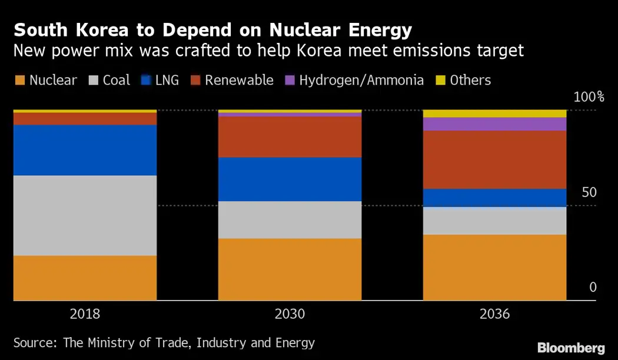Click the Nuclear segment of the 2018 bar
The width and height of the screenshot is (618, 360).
[85, 278]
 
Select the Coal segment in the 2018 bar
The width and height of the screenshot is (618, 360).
[85, 215]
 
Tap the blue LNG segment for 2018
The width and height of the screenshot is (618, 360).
[85, 150]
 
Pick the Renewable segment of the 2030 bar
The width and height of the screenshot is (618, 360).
[290, 136]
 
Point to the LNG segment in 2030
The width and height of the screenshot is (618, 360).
[290, 179]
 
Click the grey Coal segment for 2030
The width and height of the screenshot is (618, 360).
[290, 219]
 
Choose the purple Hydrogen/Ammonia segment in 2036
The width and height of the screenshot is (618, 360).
[494, 124]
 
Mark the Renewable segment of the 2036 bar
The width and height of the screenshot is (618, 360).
[494, 159]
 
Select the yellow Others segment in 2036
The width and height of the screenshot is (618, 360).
[494, 113]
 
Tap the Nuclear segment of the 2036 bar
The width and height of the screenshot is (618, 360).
[494, 267]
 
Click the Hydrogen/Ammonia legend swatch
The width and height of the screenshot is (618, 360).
[290, 80]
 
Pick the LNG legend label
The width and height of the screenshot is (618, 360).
[168, 80]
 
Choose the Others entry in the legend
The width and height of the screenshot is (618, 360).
[470, 80]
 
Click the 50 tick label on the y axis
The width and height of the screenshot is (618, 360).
[589, 193]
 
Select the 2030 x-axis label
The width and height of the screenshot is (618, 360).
[290, 314]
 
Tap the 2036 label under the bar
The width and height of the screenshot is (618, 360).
[494, 314]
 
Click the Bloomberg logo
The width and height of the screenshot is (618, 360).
[570, 347]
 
